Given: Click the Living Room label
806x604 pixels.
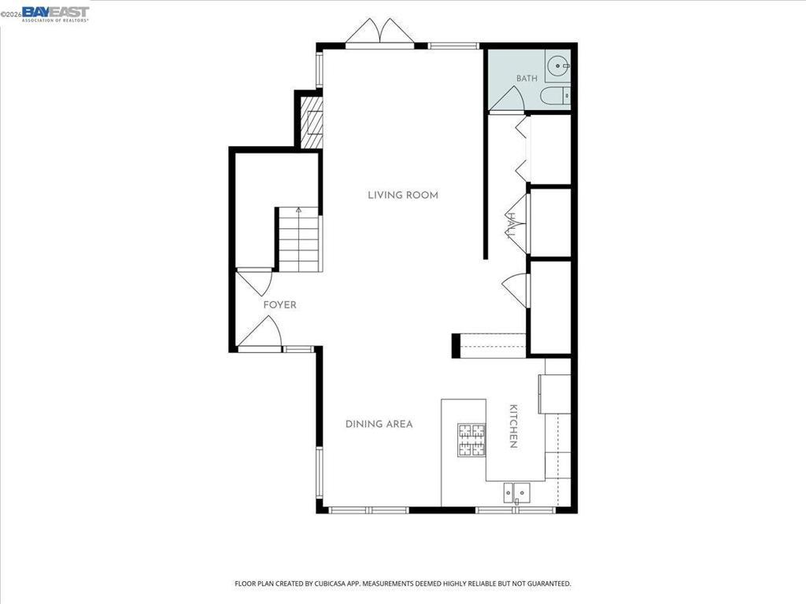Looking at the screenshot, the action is [x=403, y=195].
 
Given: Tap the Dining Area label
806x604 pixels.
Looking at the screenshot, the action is [x=379, y=424].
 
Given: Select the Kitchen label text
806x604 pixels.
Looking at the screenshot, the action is [x=513, y=426].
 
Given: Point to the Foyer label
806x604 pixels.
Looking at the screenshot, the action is [x=279, y=305].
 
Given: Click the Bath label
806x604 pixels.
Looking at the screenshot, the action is [x=527, y=79].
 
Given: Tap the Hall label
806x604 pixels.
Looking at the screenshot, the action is [x=512, y=226].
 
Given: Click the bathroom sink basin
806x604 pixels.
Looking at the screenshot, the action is [x=558, y=66].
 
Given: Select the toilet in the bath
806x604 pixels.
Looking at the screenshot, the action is [x=556, y=96].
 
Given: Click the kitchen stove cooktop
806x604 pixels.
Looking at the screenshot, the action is [x=472, y=440].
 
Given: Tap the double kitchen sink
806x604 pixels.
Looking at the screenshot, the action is [x=517, y=492].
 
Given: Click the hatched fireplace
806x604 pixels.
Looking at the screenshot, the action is [x=312, y=123].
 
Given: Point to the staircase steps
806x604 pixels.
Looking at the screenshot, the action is [x=299, y=239].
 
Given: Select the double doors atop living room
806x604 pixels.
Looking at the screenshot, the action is [x=380, y=33].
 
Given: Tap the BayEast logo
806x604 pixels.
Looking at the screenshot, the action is [x=56, y=14].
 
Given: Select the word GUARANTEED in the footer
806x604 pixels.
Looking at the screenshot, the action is [x=551, y=584].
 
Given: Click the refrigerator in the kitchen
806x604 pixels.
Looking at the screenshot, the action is [x=555, y=394].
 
